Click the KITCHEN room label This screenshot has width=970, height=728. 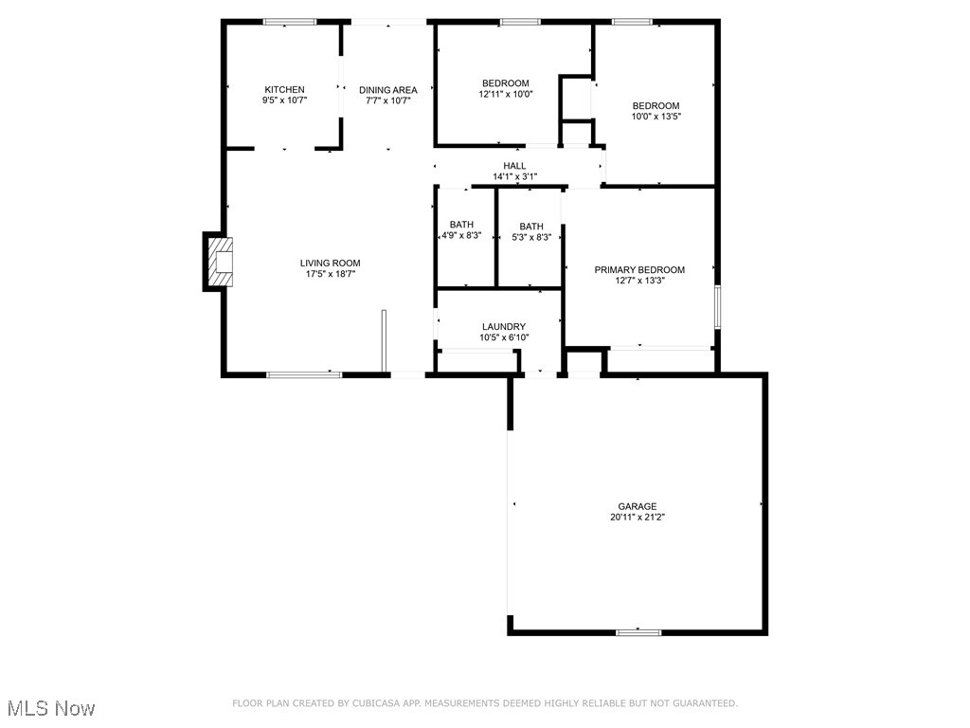pos(284,89)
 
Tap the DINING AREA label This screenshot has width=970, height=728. pos(387,90)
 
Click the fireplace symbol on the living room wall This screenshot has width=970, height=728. pos(220,263)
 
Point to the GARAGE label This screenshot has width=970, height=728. pos(637,506)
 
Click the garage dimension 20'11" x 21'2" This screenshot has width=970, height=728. pos(637,518)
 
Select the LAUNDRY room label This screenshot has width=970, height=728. pos(503,326)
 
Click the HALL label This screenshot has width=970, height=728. pos(514,166)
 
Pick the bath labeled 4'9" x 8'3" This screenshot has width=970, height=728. pos(461,230)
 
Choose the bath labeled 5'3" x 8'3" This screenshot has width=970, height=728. pos(531,230)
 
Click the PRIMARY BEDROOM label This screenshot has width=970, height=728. pos(639,269)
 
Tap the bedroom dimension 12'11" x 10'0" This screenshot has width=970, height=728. pos(505,94)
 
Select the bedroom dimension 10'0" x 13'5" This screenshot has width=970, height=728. pos(656,117)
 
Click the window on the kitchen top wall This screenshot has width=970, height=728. pos(290,22)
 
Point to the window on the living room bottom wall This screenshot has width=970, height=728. pos(304,374)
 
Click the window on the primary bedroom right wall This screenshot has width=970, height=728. pos(717,307)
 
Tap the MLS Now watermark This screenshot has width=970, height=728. pos(51,708)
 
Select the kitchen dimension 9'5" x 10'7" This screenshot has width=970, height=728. pos(284,100)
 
